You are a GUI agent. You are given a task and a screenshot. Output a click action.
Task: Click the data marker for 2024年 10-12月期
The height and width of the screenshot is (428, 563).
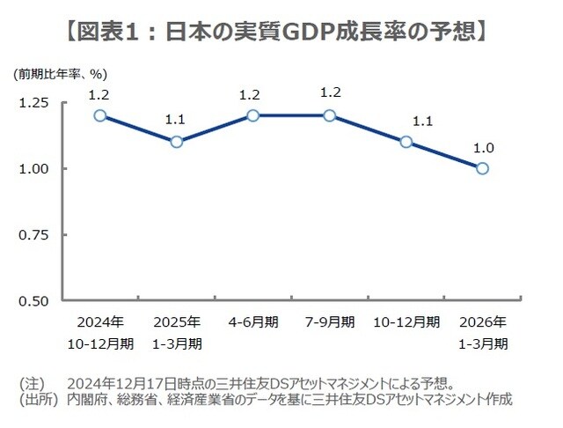pos(100,115)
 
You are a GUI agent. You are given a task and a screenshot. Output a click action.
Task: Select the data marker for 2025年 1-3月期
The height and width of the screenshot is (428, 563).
pos(177,142)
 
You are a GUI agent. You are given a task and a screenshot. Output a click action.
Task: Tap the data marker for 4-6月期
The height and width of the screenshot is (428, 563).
pos(253,115)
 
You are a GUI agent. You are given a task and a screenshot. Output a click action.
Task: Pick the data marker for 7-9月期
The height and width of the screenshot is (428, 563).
pos(329,115)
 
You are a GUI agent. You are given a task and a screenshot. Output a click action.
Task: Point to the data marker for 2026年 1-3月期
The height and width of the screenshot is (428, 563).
pos(482,168)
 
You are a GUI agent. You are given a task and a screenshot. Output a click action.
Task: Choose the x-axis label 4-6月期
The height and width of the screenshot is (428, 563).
pos(253,321)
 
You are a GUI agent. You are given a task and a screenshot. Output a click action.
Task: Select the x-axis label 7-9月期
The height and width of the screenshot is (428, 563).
pos(329,321)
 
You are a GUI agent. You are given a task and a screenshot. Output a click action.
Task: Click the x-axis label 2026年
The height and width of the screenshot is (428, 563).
pos(482,321)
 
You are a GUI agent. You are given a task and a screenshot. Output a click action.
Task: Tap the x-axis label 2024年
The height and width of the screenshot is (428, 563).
pos(100,321)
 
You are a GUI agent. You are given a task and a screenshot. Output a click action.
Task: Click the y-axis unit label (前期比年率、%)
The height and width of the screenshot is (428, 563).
pos(60,74)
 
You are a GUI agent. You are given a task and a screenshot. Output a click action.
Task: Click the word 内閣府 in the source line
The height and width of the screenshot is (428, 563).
pos(88,400)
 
